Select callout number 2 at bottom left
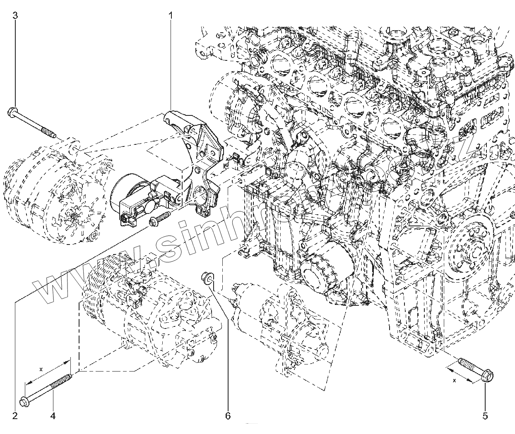tap(15, 415)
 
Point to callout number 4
tap(53, 415)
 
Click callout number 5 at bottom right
tap(486, 415)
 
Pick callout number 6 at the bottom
tap(227, 415)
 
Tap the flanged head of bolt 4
tap(24, 401)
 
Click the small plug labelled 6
tap(206, 277)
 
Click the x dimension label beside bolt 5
tap(454, 380)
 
